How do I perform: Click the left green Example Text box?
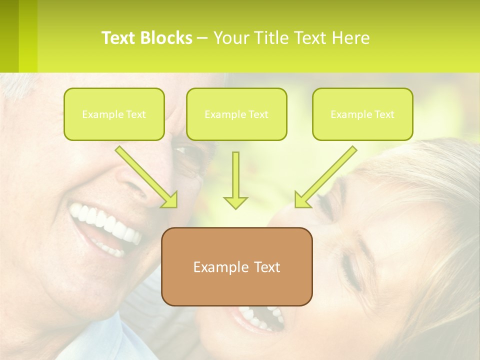pos(114,114)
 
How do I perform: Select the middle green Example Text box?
pos(236,114)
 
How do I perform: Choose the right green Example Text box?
pos(362,114)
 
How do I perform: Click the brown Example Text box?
pos(236,266)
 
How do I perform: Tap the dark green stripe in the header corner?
pos(9,35)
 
